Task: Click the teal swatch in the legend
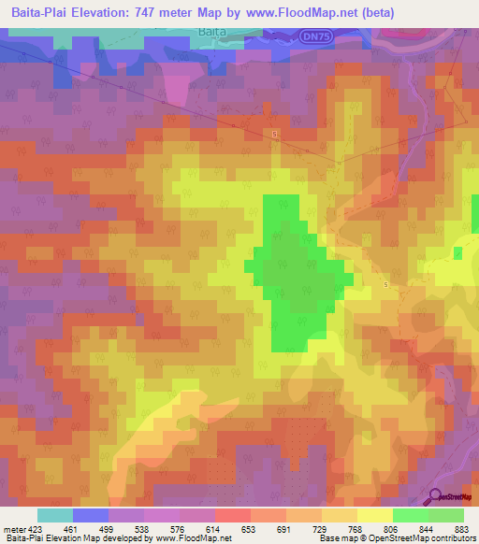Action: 55,515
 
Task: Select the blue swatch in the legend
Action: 91,515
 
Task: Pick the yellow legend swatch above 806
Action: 375,515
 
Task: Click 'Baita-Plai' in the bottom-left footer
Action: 22,538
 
